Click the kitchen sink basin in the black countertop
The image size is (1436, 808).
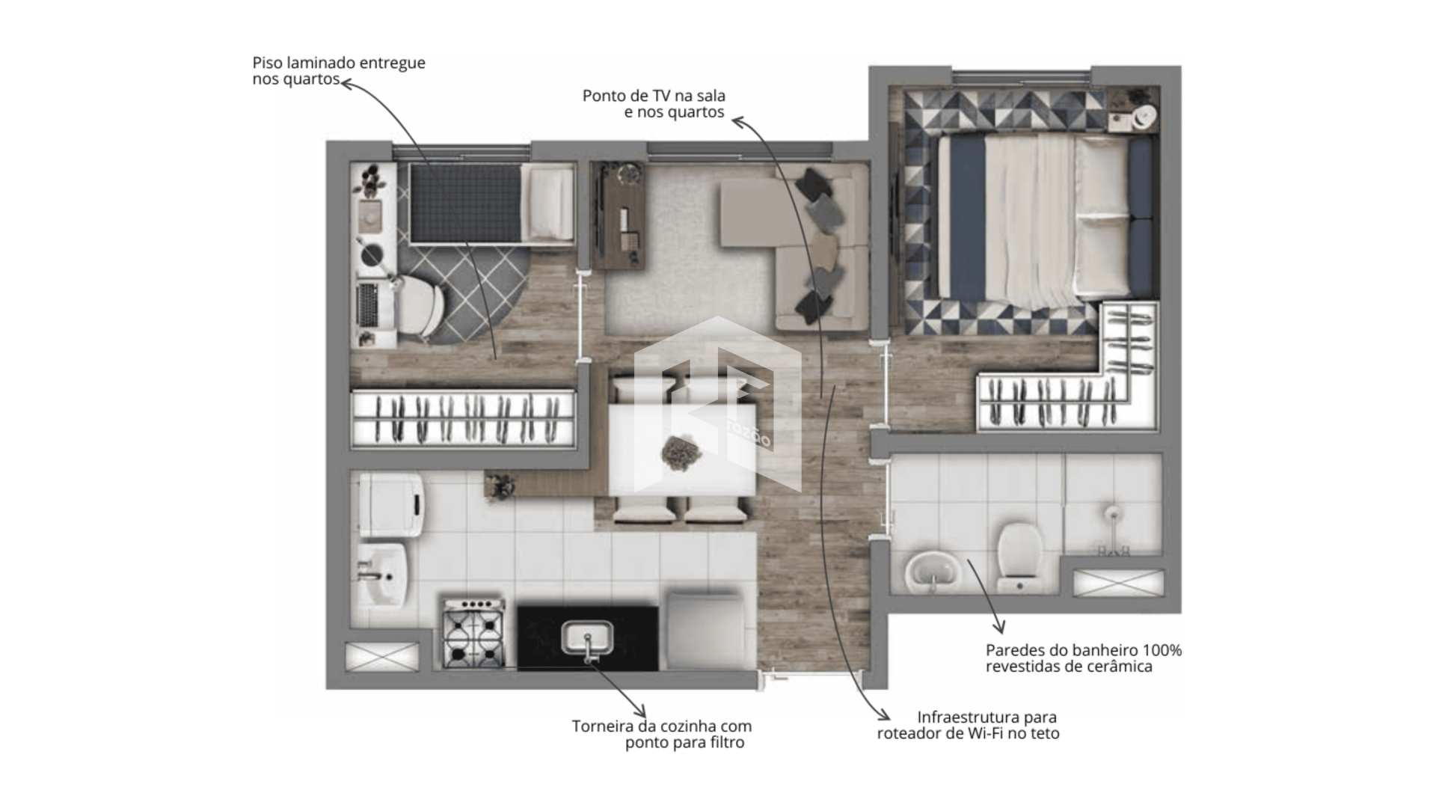coord(587,638)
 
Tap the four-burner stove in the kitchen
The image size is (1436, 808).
coord(473,633)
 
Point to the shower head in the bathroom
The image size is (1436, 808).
coord(1113,513)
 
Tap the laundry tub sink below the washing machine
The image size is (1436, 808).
coord(382,574)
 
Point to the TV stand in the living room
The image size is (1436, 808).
coord(618,216)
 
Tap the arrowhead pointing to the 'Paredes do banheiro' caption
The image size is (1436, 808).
coord(999,627)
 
